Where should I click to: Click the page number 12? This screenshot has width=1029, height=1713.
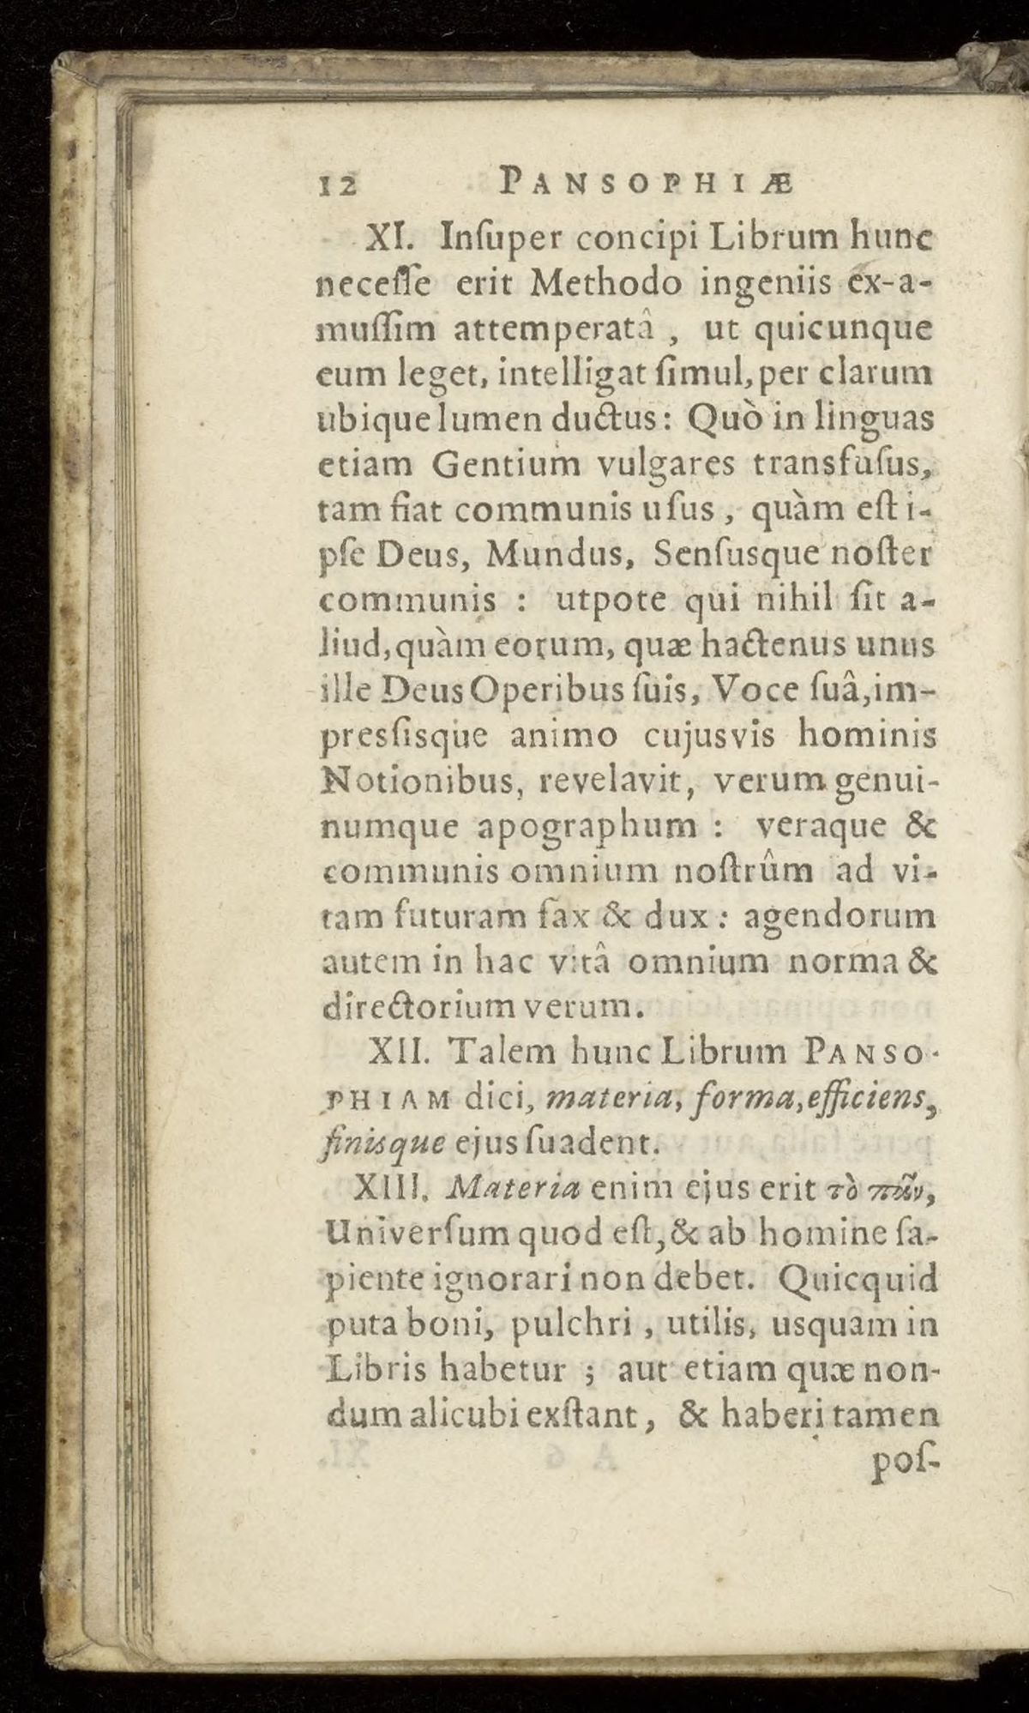pos(336,183)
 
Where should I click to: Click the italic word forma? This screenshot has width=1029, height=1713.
pos(672,1097)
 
